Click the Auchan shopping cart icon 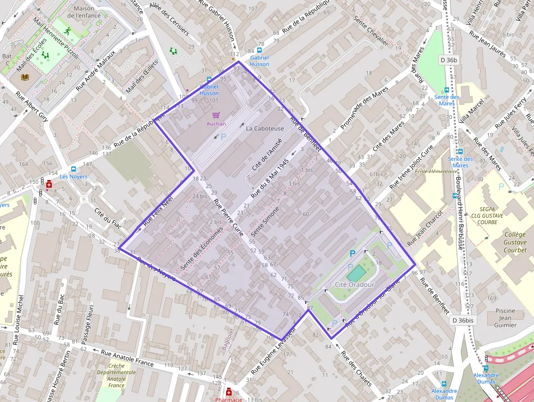point(216,115)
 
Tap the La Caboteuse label point(265,128)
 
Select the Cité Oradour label point(354,285)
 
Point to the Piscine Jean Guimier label point(505,317)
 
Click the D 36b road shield point(450,59)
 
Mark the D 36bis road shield point(463,320)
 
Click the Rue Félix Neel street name point(157,212)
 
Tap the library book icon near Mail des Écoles point(25,77)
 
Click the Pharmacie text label point(228,399)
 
